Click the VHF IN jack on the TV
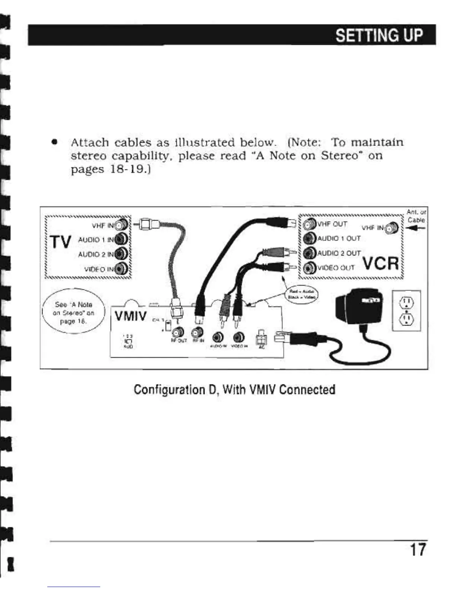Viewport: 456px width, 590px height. point(121,225)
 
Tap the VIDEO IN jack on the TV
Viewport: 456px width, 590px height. point(121,268)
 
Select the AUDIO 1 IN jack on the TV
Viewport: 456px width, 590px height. point(121,239)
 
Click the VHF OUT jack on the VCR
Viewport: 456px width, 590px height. point(309,225)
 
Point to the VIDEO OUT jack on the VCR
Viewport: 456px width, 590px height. point(309,268)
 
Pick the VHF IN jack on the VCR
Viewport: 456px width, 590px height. point(392,227)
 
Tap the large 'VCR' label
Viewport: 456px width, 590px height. point(380,264)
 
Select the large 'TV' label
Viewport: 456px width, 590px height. point(60,242)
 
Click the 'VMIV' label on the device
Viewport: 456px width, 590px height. point(130,317)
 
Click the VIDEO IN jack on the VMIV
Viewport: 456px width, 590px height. point(237,336)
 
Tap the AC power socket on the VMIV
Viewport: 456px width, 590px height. point(261,338)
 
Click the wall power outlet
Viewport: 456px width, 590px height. point(406,310)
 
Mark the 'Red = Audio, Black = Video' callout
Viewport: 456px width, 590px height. point(301,295)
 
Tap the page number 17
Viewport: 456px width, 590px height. point(418,549)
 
